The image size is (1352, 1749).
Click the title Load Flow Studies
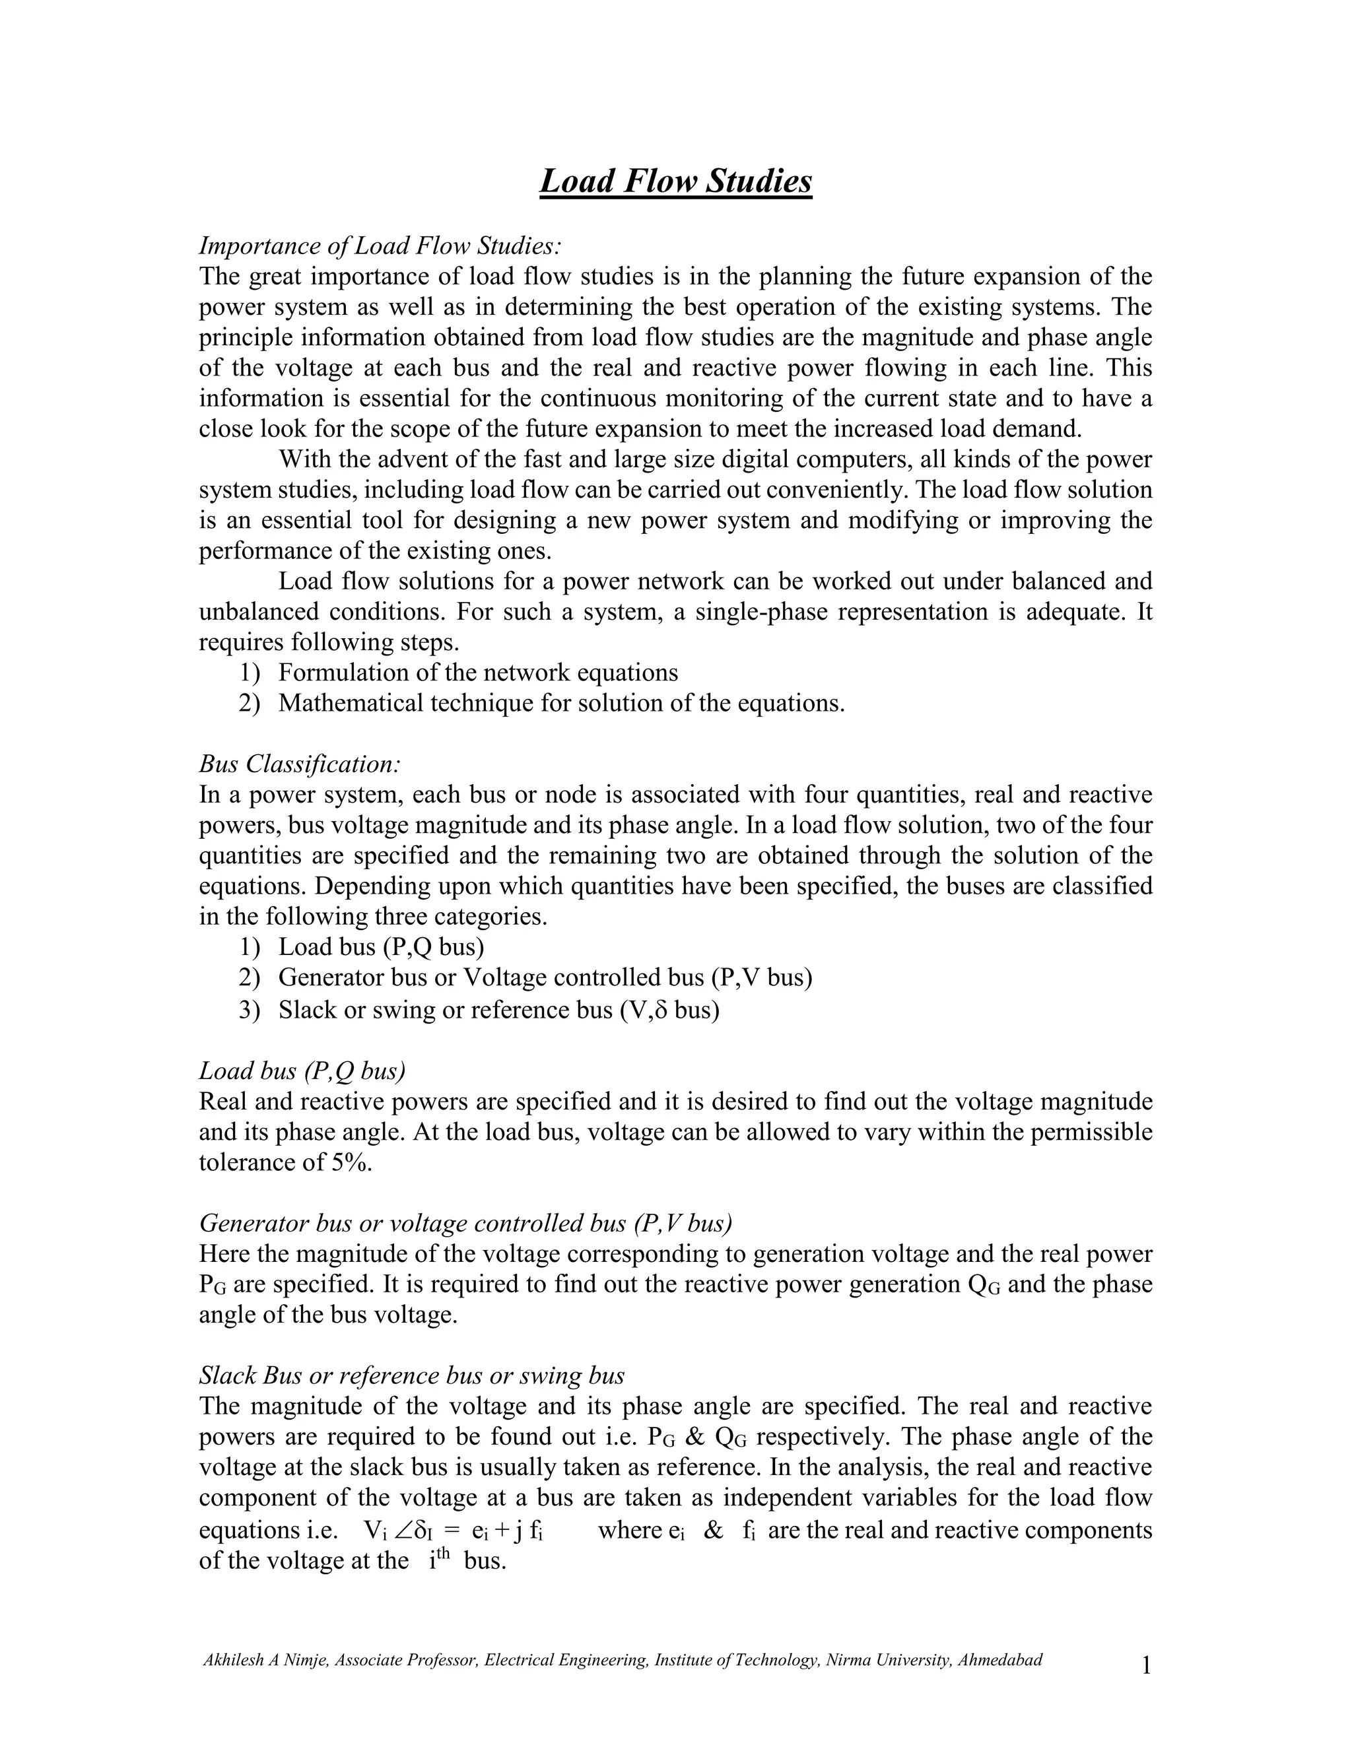[x=675, y=181]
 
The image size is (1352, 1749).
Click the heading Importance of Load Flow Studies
[x=380, y=245]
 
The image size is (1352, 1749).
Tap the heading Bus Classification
[x=299, y=764]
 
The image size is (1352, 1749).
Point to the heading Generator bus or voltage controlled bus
[x=465, y=1223]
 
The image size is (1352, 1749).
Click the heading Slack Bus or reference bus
[x=411, y=1375]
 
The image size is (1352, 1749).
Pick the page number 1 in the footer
[x=1145, y=1666]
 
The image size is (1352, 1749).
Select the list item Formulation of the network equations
[x=477, y=673]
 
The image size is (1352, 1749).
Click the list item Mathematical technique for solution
[x=560, y=703]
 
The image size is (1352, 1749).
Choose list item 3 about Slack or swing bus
[x=498, y=1010]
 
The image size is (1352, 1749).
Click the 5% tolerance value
[x=350, y=1162]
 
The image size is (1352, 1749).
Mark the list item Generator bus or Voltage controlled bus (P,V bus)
[x=545, y=978]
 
